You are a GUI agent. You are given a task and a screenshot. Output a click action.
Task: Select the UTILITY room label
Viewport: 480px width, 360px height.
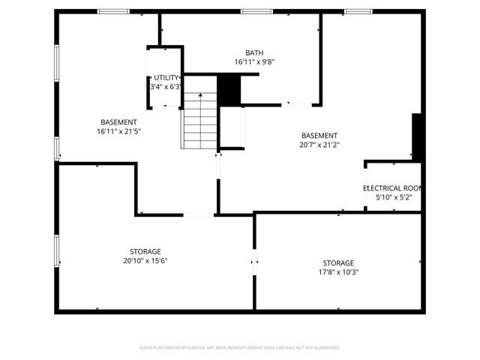point(166,77)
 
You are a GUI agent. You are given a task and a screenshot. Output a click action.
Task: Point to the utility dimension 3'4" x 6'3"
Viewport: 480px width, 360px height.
point(166,87)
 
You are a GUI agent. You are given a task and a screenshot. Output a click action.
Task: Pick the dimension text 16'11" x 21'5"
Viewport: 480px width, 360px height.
point(118,131)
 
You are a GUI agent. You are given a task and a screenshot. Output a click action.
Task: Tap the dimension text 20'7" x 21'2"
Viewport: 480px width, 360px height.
point(319,145)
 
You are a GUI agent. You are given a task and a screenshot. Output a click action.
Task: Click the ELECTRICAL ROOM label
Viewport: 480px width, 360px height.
point(393,187)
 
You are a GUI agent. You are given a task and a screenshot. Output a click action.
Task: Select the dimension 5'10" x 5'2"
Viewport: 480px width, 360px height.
point(393,197)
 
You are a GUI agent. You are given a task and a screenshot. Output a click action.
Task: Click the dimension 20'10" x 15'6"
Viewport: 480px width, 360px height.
point(145,261)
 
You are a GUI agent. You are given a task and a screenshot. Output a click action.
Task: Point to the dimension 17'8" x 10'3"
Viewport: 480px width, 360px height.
point(338,273)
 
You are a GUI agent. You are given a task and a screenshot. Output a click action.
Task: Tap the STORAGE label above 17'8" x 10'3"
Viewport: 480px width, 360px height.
point(338,263)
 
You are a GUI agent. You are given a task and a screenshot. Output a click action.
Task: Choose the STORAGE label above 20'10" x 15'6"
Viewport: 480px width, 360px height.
point(145,251)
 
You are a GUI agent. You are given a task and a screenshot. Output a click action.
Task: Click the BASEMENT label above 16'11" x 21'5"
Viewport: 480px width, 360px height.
point(118,122)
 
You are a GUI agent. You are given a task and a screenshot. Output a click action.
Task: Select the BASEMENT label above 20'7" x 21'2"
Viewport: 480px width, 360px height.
point(319,136)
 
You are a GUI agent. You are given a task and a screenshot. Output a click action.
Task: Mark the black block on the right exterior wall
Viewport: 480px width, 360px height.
point(418,136)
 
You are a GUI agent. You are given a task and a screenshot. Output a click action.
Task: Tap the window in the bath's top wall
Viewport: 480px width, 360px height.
point(256,11)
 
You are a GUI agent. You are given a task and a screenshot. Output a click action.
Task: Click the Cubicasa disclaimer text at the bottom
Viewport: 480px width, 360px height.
point(240,347)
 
